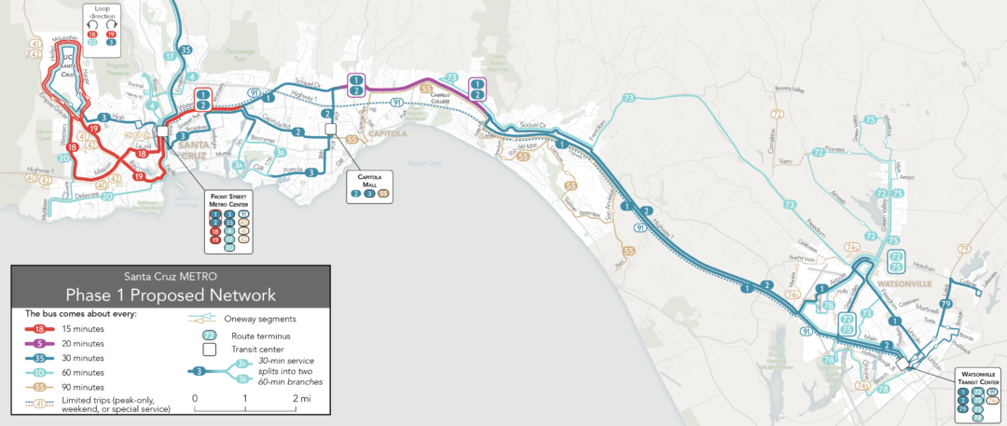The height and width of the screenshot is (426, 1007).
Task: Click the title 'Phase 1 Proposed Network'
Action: point(170,295)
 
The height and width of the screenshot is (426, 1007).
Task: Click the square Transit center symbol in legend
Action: point(210,349)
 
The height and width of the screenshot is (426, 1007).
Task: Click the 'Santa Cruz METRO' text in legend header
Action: point(170,276)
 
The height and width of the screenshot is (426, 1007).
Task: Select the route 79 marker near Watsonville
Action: point(945,305)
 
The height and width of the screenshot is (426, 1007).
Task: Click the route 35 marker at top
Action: point(186,50)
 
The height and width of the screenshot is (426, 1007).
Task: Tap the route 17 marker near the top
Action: point(170,56)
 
